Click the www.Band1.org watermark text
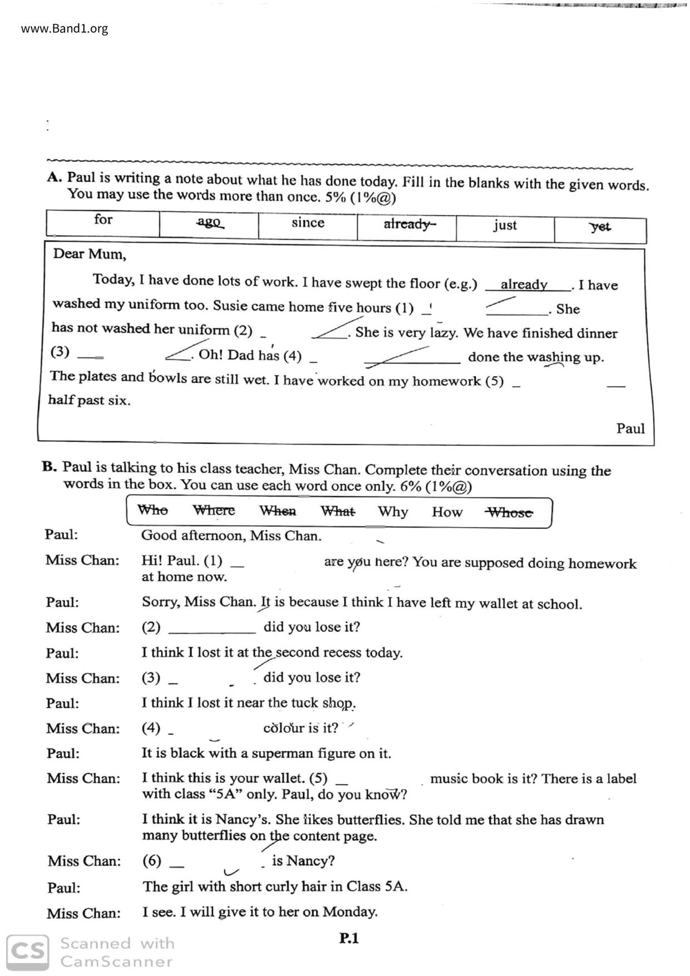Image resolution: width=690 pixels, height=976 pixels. tap(65, 28)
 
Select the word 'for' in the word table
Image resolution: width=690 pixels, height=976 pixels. tap(103, 219)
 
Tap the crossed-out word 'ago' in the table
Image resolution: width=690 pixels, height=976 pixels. tap(209, 222)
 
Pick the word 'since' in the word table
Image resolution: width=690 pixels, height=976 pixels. tap(308, 223)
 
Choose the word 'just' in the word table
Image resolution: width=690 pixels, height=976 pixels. tap(505, 225)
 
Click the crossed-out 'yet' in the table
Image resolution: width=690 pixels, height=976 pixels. tap(600, 227)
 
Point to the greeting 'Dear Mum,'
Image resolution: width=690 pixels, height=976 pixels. tap(90, 254)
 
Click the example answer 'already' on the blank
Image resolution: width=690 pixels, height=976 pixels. tap(524, 284)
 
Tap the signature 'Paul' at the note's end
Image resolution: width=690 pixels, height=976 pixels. tap(630, 428)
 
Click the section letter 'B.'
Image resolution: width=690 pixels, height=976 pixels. tap(50, 466)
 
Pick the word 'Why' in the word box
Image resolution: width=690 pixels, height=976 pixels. tap(393, 512)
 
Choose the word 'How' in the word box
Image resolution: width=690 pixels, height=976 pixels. tap(447, 512)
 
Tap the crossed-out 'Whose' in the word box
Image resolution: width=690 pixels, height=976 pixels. tap(509, 513)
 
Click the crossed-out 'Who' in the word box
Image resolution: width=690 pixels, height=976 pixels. tap(152, 510)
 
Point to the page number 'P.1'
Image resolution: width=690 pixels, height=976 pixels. tap(349, 938)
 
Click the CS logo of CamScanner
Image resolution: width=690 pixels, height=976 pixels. tap(27, 952)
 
